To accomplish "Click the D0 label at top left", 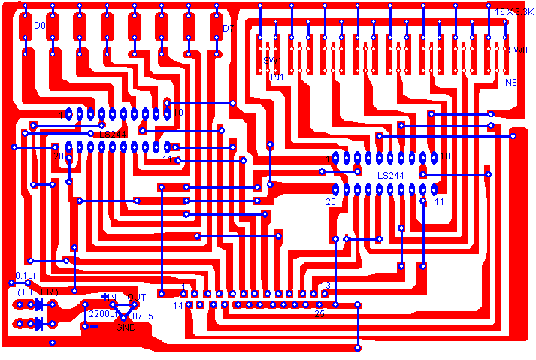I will pos(40,26).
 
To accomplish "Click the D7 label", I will pos(228,29).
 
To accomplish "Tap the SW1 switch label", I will pos(271,60).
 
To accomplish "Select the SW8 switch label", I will pos(517,50).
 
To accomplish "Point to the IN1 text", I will pos(277,77).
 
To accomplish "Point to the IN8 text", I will pos(510,82).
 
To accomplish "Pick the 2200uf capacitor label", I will pos(103,313).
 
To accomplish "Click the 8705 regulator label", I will pos(143,317).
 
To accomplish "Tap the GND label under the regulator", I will pos(126,328).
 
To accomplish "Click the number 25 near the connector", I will pos(319,313).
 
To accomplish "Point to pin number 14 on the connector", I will pos(178,306).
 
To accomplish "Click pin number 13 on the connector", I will pos(326,286).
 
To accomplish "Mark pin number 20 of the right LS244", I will pos(331,202).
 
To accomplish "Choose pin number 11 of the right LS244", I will pos(440,202).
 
